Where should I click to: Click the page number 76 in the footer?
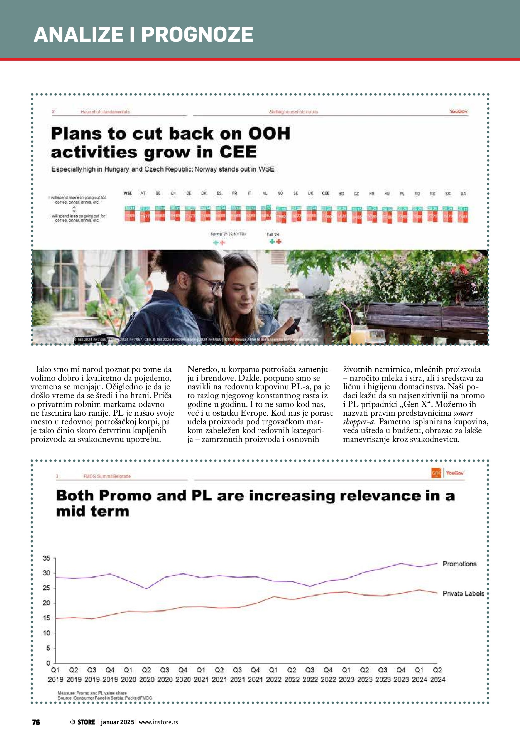pos(36,722)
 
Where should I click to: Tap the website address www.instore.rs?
pos(158,722)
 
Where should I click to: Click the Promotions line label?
pos(459,564)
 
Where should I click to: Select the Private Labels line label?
pos(463,593)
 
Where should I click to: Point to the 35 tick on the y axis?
pos(47,558)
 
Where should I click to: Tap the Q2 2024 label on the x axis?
pos(437,674)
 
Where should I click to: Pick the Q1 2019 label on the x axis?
pos(55,674)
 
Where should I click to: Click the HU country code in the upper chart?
pos(387,194)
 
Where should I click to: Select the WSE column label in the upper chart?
pos(128,193)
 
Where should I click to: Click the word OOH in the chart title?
pos(269,134)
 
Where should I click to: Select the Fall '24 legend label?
pos(273,234)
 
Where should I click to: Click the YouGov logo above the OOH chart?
pos(458,111)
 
